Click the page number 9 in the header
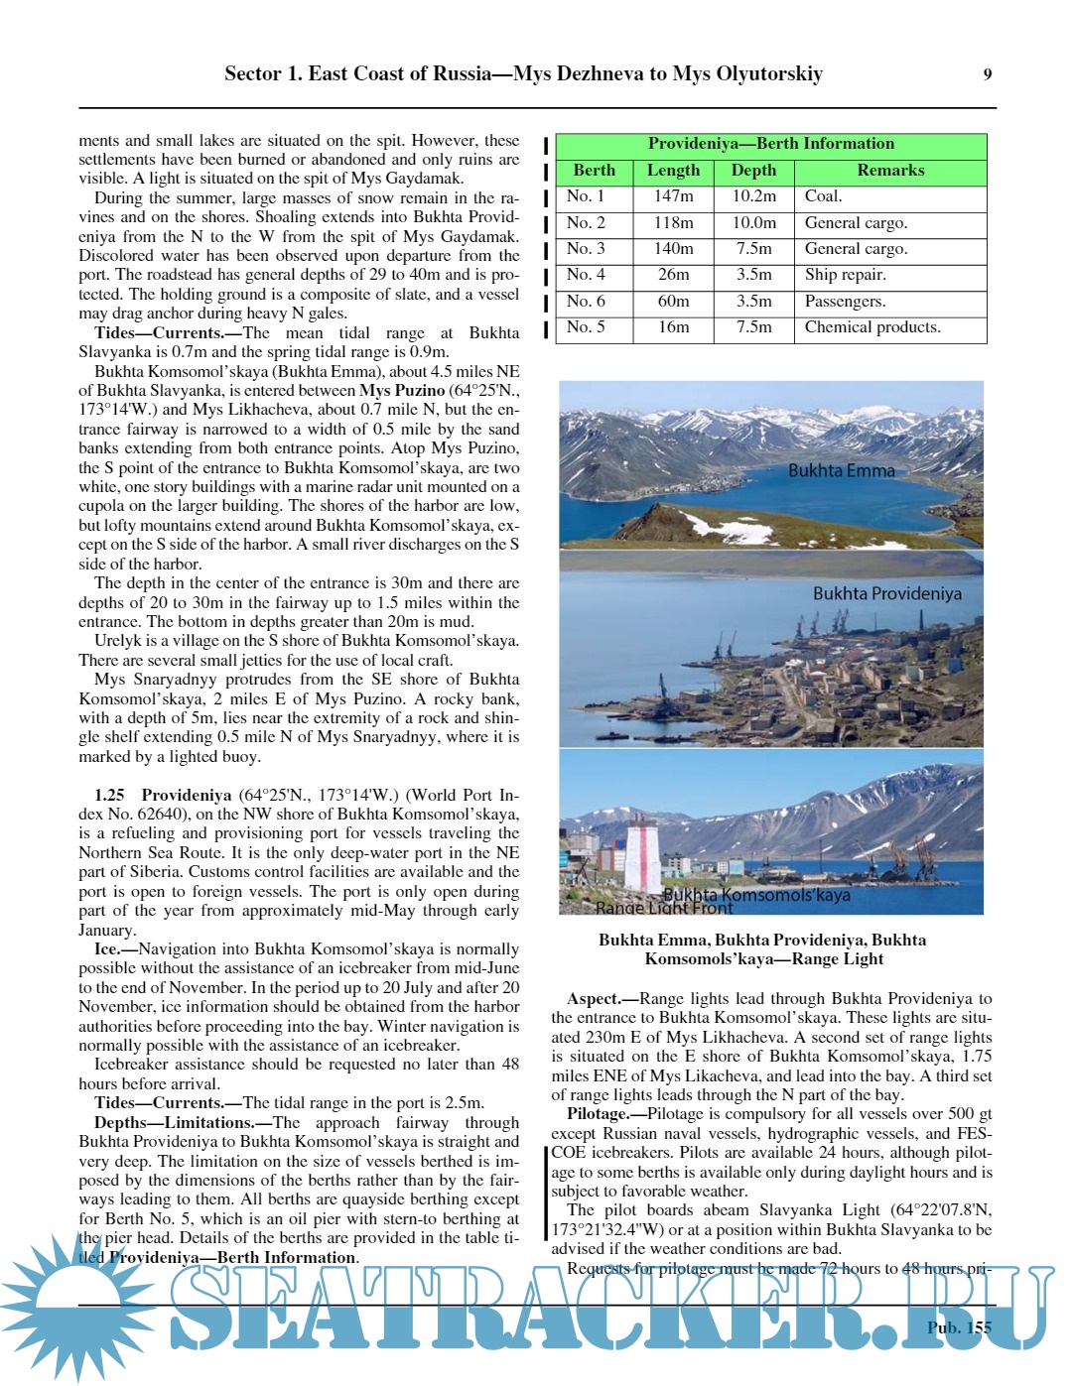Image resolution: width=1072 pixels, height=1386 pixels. (987, 74)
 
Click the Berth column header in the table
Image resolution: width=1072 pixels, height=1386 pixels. (594, 171)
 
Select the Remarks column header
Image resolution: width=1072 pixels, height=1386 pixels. (890, 171)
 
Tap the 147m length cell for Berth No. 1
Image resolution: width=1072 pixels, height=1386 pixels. (673, 196)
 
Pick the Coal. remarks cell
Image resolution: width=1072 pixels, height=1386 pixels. (823, 196)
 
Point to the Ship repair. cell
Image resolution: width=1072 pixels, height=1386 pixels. (845, 275)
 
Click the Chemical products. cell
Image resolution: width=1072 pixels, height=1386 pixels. (872, 327)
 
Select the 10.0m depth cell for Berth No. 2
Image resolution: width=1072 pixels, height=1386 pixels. (753, 223)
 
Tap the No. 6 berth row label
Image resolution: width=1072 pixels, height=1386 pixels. (586, 302)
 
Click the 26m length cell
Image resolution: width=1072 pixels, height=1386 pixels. (673, 275)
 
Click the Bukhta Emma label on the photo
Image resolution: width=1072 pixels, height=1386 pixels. (841, 470)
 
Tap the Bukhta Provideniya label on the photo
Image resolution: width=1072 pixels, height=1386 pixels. (886, 593)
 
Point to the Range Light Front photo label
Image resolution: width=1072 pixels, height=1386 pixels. (664, 907)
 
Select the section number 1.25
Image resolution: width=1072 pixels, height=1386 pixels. (109, 795)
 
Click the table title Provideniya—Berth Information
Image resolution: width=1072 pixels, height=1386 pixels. (770, 144)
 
